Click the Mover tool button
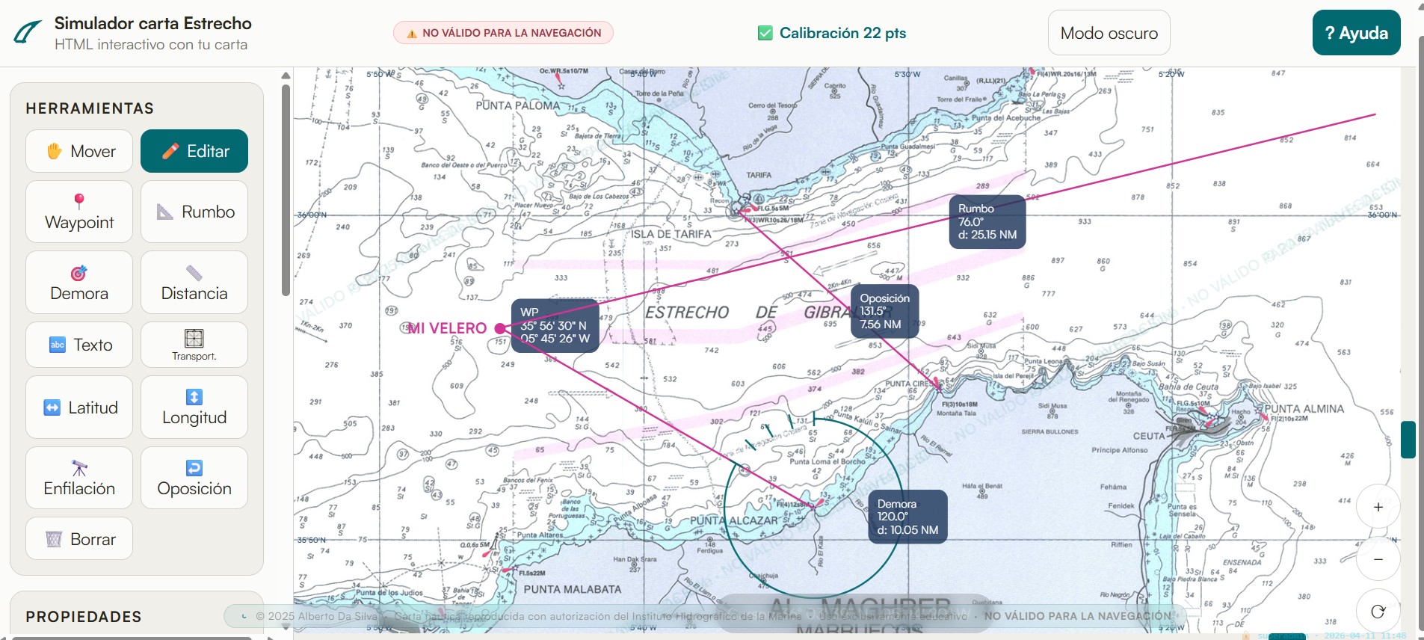click(x=79, y=151)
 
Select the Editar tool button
click(x=194, y=151)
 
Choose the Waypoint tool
click(x=79, y=212)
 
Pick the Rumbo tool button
click(x=194, y=212)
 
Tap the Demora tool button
click(x=79, y=283)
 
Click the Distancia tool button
click(x=194, y=283)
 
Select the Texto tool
click(x=79, y=345)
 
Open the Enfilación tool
click(x=79, y=478)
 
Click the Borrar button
click(x=79, y=538)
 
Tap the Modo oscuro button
click(x=1109, y=33)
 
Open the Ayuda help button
click(x=1356, y=33)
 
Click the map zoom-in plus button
click(x=1378, y=507)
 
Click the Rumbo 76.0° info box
click(x=987, y=221)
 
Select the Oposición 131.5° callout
click(x=884, y=311)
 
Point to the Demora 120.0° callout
click(x=907, y=517)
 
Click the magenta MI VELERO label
click(x=447, y=328)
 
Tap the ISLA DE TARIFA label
click(x=671, y=234)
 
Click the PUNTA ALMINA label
click(x=1304, y=409)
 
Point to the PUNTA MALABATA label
click(x=572, y=589)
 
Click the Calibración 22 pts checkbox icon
click(x=765, y=33)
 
